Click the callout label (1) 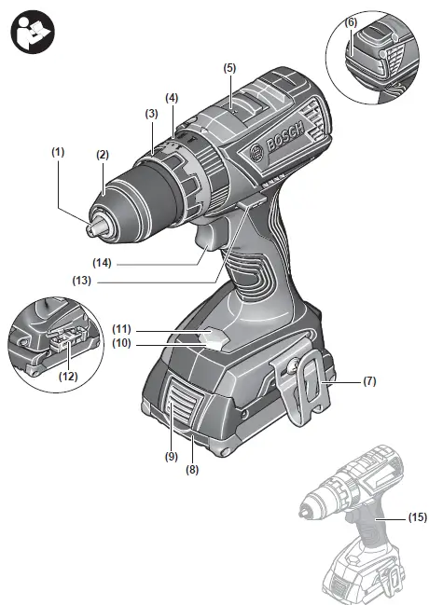click(59, 150)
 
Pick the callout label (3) click(152, 113)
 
